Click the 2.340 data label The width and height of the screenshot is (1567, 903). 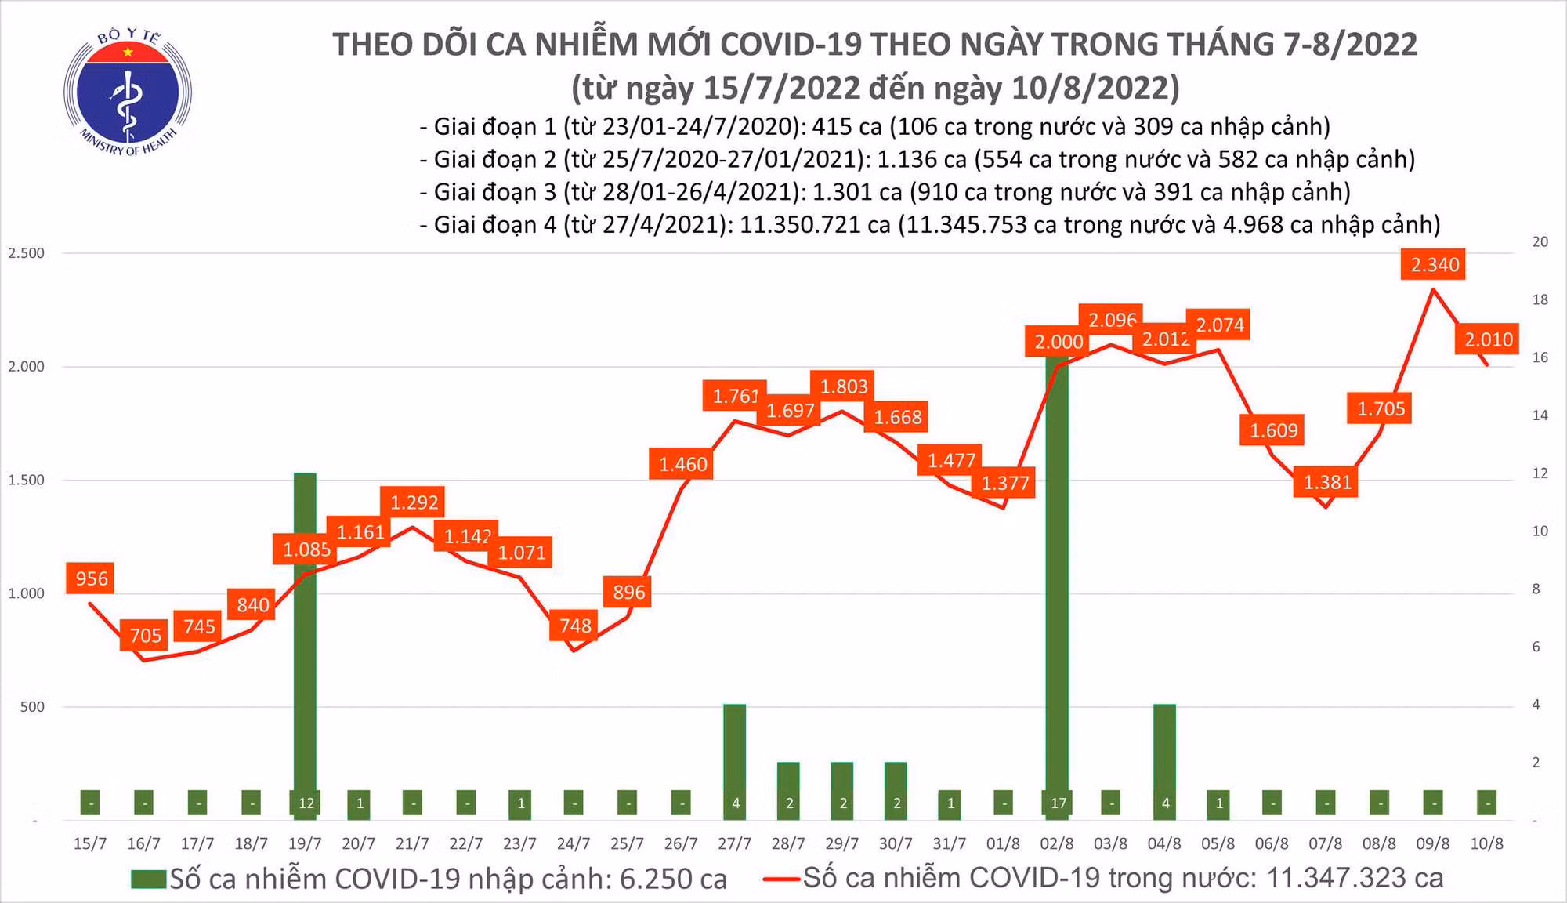pos(1435,265)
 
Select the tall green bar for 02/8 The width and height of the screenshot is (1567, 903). pos(1057,580)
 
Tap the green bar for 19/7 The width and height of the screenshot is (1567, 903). pos(305,643)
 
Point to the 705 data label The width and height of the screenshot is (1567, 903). pos(146,635)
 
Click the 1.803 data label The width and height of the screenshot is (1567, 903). pos(844,386)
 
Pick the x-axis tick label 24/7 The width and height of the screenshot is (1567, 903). pos(574,843)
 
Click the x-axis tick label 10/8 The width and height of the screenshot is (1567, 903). pos(1486,843)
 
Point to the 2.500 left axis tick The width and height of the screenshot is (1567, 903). pos(26,253)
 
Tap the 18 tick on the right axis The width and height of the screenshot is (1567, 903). pos(1540,299)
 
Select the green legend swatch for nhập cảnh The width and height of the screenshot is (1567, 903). pos(148,879)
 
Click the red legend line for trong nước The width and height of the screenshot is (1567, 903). pos(781,879)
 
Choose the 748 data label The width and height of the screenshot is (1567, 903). pos(575,626)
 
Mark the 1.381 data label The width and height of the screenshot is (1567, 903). pos(1327,482)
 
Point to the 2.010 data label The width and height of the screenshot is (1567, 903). pos(1489,339)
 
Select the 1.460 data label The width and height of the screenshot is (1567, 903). pos(682,464)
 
